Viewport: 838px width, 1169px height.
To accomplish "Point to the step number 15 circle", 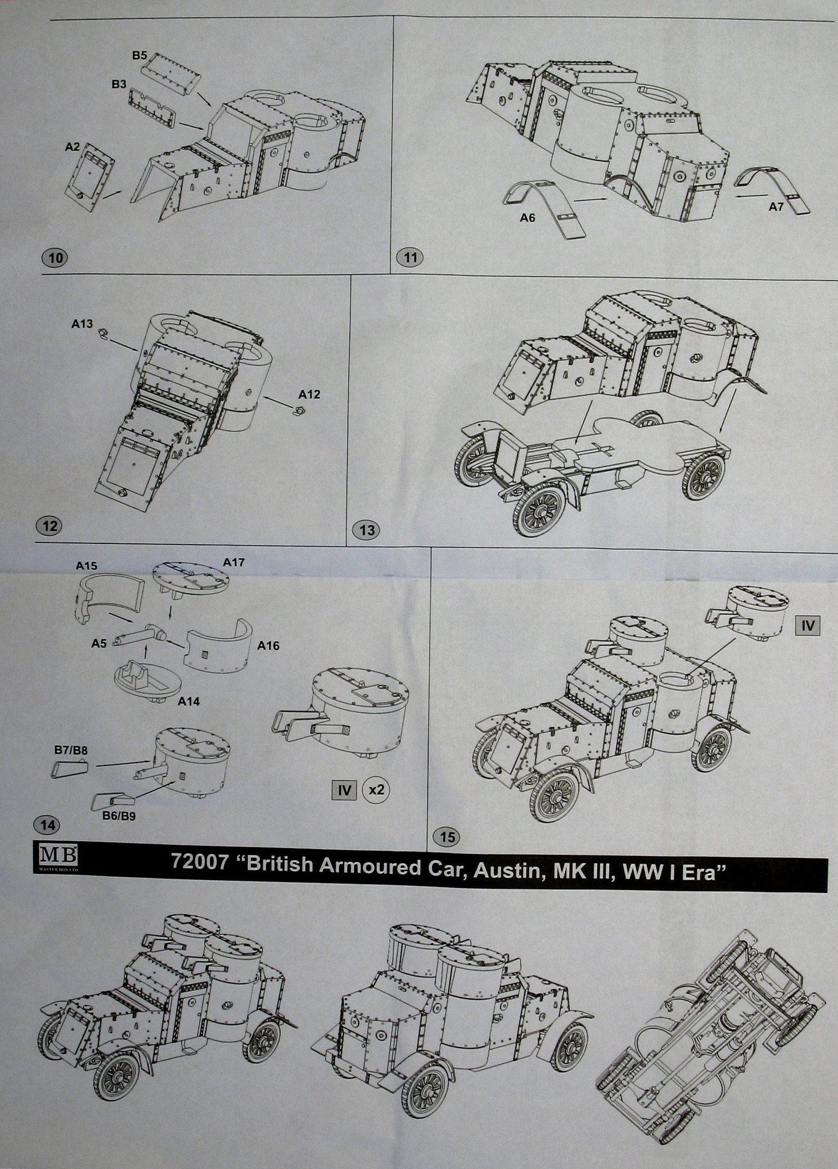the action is click(448, 837).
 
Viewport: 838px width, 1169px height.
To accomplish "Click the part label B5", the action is click(140, 55).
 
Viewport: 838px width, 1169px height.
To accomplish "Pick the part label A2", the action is click(72, 147).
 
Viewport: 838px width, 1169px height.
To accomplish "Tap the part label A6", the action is click(529, 217).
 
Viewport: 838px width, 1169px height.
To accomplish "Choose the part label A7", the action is click(775, 208).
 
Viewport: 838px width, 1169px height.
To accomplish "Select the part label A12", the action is click(309, 394).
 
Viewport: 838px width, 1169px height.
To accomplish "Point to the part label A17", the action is click(233, 563).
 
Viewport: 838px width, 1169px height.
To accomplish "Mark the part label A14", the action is click(188, 702).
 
